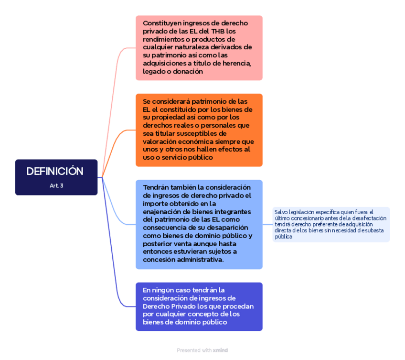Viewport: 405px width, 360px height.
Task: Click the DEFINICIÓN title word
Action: [x=55, y=171]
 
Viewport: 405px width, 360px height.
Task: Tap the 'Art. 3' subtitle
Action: [x=56, y=185]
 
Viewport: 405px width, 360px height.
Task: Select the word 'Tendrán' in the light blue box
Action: [x=156, y=187]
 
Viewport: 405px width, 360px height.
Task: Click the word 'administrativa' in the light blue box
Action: [x=200, y=260]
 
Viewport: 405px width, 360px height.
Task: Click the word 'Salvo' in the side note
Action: [x=281, y=212]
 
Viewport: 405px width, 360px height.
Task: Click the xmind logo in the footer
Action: [x=221, y=350]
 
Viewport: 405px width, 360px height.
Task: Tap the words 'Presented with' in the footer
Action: [x=194, y=350]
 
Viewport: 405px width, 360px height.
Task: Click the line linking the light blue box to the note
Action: [x=267, y=224]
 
